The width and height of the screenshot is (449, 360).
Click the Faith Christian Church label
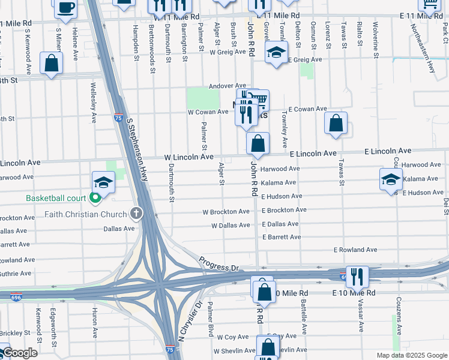point(85,214)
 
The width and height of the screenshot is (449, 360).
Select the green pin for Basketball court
point(95,198)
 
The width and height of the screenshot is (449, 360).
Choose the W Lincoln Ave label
point(189,157)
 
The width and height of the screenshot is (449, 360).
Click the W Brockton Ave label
point(226,212)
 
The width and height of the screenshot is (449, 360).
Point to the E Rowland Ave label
point(355,250)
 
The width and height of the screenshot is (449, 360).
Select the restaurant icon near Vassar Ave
point(357,277)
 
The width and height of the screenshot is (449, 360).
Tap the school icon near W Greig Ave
point(277,53)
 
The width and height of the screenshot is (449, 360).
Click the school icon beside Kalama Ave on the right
point(391,179)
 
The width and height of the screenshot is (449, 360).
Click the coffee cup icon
point(65,7)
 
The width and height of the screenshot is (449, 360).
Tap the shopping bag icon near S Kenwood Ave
point(52,63)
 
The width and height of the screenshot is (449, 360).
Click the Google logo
point(19,353)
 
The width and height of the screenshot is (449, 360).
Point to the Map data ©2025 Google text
point(411,355)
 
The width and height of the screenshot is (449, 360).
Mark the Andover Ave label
point(228,86)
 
